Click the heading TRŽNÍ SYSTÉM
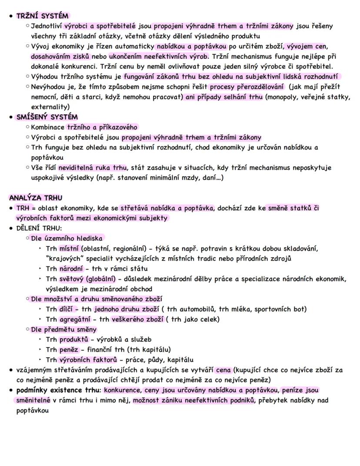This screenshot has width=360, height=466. pos(42,16)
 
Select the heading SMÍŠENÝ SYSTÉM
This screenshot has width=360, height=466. pos(47,117)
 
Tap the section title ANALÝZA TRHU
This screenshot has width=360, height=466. pos(35,198)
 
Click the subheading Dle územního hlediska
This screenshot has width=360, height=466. pos(67,238)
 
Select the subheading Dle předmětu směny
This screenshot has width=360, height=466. pos(63,329)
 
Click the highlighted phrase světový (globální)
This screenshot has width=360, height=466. pos(87,279)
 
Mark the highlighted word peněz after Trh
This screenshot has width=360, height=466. pos(69,349)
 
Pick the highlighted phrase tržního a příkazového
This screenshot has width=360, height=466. pos(102,127)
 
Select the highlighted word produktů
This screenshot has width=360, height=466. pos(74,339)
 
